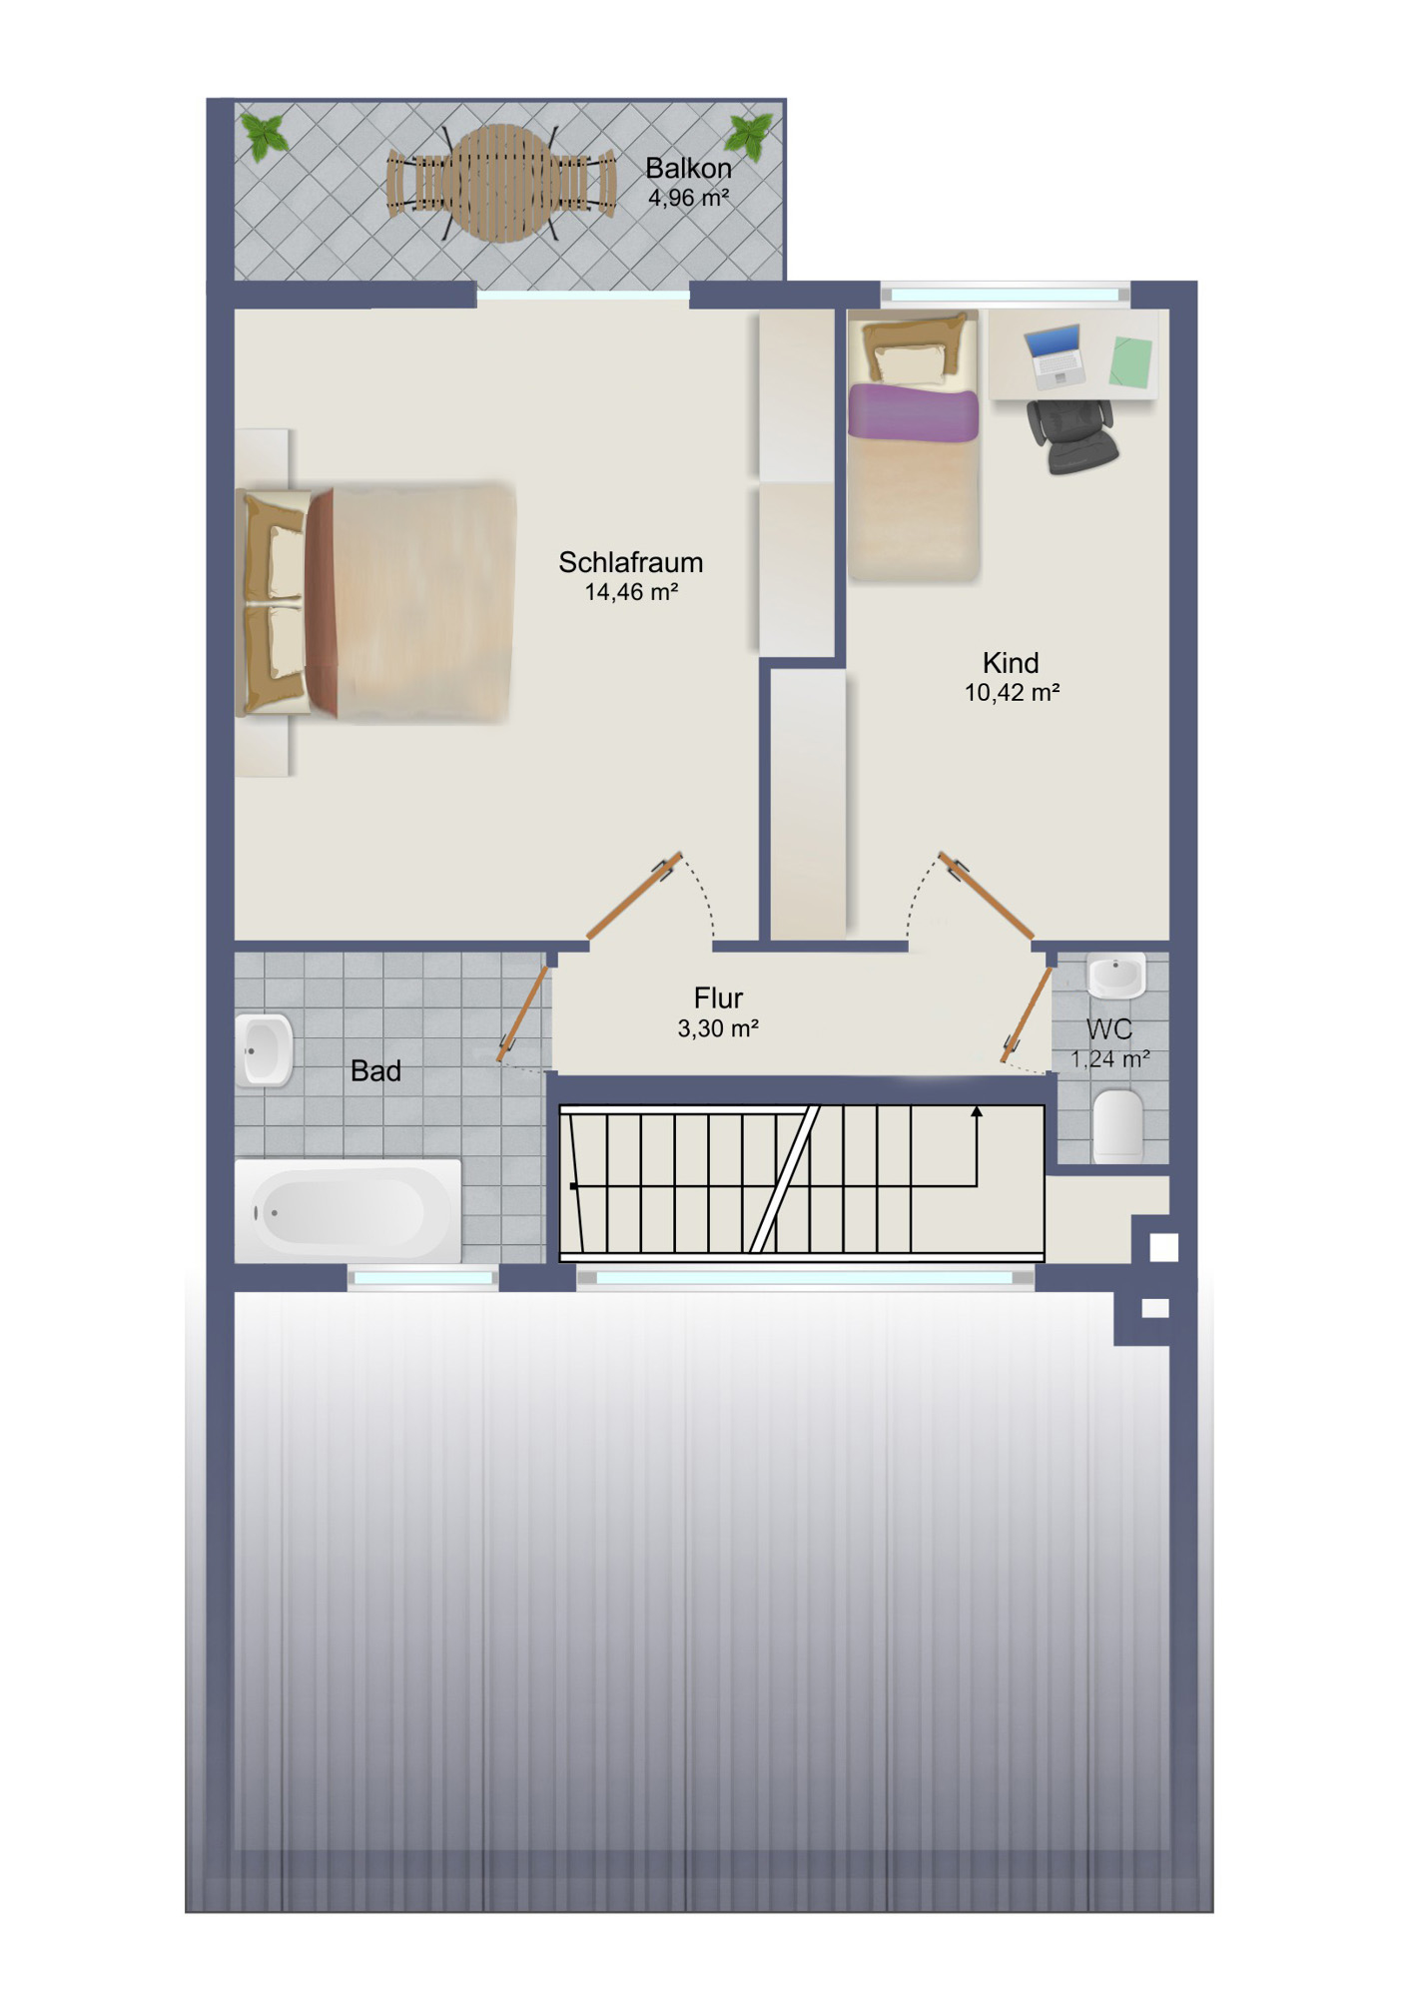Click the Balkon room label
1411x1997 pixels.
688,168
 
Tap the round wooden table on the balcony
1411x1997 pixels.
504,183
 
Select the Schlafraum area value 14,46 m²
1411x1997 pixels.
631,592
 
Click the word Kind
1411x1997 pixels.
1011,663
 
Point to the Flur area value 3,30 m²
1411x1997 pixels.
718,1028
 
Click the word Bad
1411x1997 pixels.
375,1071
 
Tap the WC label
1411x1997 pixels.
1109,1029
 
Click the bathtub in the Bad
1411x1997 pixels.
348,1211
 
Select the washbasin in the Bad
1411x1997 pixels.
265,1050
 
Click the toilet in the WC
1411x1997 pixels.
1118,1126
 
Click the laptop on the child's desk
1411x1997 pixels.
1055,356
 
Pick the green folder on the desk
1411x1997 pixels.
1130,360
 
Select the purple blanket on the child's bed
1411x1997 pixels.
913,413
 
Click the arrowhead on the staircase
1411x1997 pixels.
977,1111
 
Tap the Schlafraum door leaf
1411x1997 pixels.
634,897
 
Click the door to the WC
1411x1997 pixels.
1027,1013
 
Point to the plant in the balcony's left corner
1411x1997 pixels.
265,136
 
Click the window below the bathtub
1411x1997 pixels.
423,1278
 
